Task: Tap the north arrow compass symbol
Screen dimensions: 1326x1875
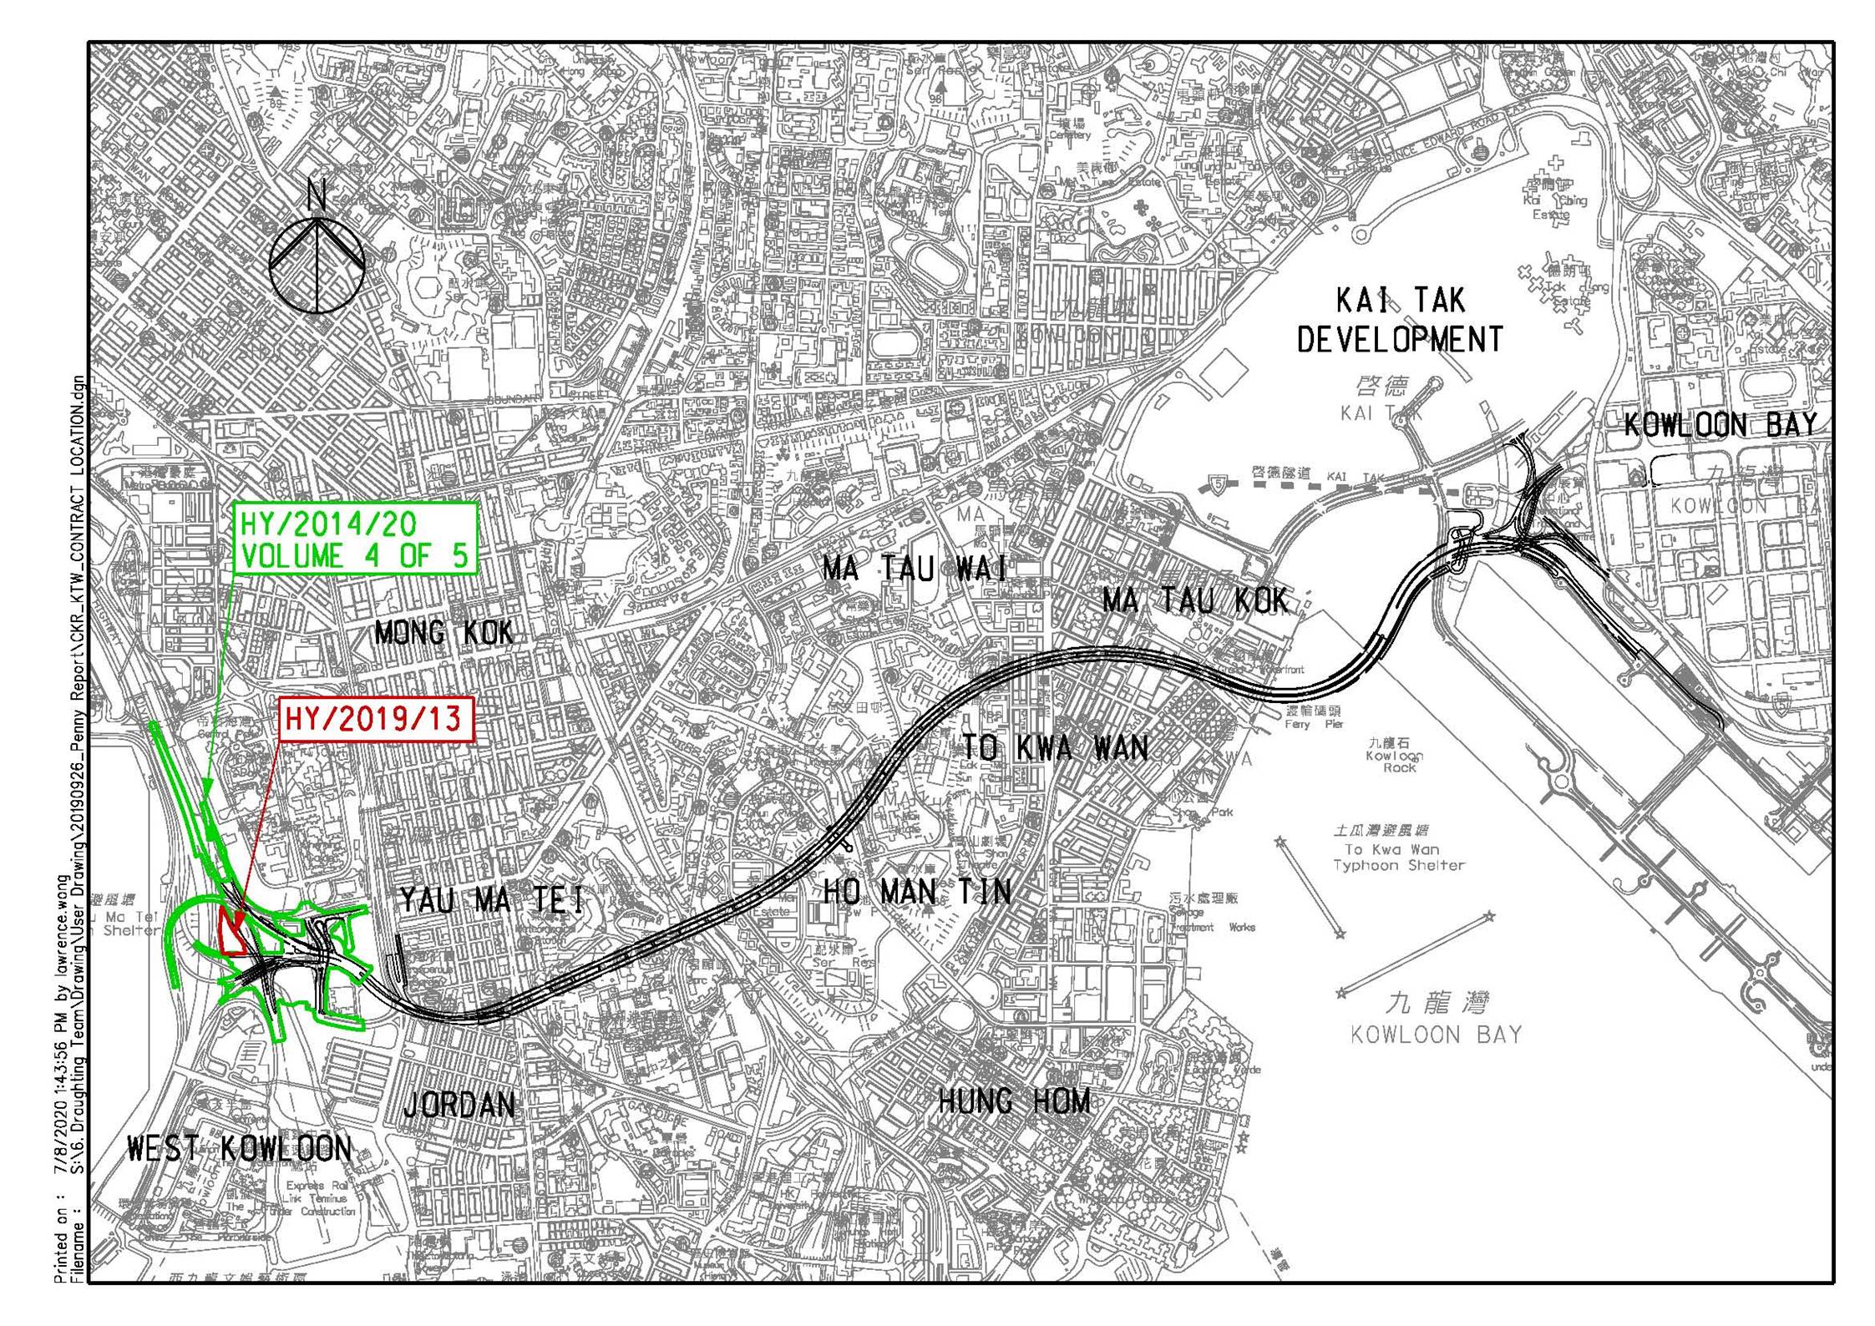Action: (317, 263)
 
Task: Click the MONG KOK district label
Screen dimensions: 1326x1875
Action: (443, 634)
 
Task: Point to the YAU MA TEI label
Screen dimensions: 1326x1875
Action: (493, 901)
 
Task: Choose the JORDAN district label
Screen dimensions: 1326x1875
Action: (459, 1105)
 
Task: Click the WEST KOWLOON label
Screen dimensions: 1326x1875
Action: (240, 1149)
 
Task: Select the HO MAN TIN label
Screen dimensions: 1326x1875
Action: (917, 892)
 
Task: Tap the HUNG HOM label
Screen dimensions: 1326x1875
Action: (1015, 1101)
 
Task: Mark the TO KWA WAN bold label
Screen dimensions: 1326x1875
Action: (1055, 748)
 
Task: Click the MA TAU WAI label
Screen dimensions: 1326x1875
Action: (915, 569)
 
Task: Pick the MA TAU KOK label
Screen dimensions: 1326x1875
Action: (1195, 600)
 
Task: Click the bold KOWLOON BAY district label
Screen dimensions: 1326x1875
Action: (1720, 425)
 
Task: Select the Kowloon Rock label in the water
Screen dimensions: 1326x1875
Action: (1394, 755)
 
